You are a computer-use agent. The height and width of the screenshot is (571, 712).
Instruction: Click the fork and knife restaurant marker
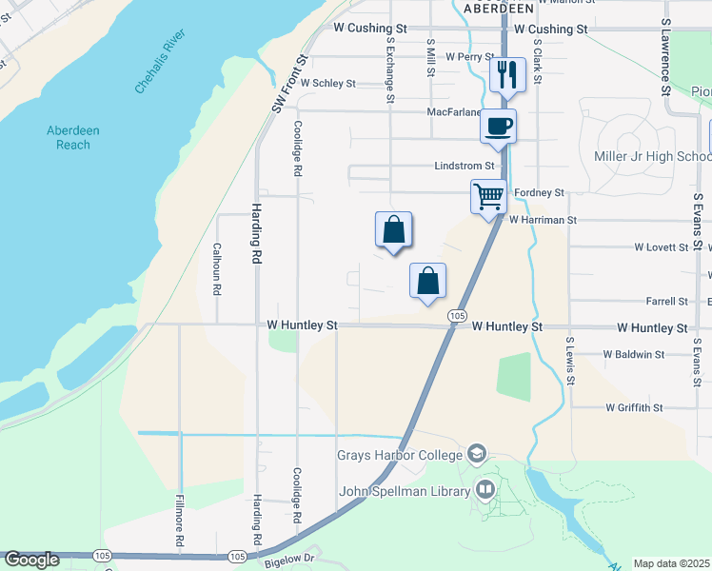tap(507, 73)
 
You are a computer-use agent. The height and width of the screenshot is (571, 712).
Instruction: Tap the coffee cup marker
tap(498, 126)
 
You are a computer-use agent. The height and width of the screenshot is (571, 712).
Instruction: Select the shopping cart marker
tap(488, 197)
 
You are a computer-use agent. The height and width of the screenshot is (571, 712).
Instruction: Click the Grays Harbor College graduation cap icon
tap(478, 453)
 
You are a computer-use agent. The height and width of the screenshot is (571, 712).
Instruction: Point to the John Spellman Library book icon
tap(485, 490)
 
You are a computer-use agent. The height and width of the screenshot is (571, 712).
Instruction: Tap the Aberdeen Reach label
tap(73, 137)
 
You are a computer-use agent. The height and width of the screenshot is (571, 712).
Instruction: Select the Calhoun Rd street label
tap(217, 268)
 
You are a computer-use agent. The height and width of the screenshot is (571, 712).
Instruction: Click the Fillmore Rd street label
tap(179, 520)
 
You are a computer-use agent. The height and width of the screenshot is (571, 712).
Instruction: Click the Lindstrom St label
tap(466, 166)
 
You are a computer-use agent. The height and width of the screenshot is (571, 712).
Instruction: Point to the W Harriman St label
tap(543, 220)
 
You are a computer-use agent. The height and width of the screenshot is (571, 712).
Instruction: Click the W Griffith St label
tap(633, 407)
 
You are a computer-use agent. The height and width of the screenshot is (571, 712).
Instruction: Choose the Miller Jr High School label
tap(652, 156)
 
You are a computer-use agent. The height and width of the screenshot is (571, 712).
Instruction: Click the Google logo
tap(31, 560)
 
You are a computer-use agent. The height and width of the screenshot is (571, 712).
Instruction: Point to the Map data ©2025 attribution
tap(672, 563)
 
